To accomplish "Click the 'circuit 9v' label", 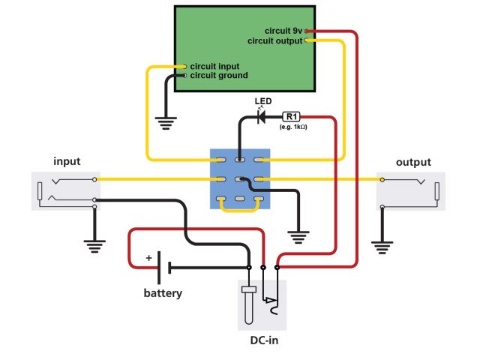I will [x=283, y=31].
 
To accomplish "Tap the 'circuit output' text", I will [x=274, y=41].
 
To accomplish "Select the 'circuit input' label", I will [x=215, y=66].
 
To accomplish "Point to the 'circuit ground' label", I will [x=219, y=75].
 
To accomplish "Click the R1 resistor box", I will [x=291, y=116].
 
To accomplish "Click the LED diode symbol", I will [x=261, y=117].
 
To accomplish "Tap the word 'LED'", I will [x=263, y=101].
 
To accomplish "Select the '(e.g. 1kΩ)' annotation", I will [x=293, y=127].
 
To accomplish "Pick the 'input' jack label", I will [x=67, y=161].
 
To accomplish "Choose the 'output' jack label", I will [x=413, y=162].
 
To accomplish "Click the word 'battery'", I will [x=163, y=293].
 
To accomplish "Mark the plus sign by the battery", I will [x=148, y=258].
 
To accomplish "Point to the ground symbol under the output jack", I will [x=383, y=244].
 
